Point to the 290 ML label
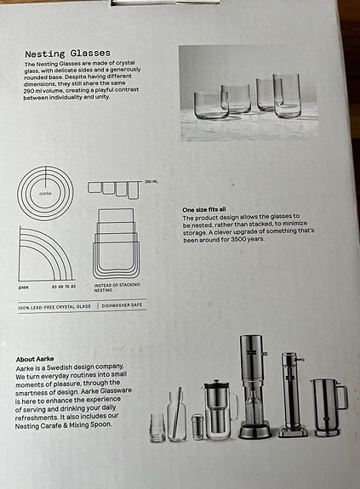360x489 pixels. (151, 182)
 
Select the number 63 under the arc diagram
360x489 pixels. (54, 287)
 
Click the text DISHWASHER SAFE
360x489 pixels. (123, 304)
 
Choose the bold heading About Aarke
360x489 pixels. (39, 361)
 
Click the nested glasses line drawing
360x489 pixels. (115, 242)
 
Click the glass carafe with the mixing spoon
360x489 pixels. (176, 415)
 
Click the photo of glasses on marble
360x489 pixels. (256, 94)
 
